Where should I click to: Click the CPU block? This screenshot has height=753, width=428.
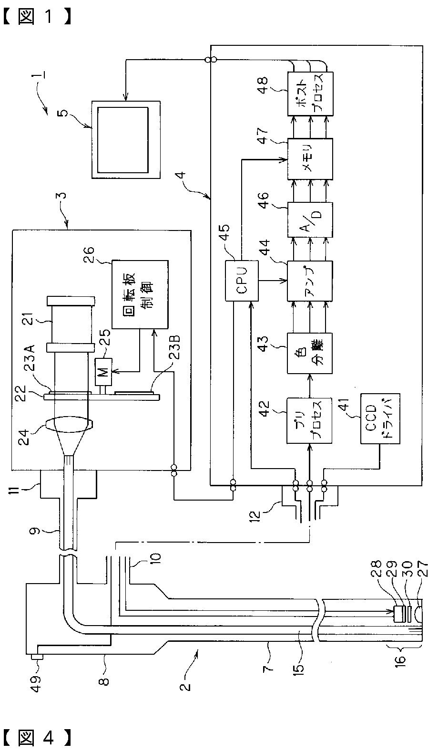click(242, 281)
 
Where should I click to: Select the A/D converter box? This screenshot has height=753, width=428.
click(310, 220)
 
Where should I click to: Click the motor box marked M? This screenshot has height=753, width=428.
click(105, 372)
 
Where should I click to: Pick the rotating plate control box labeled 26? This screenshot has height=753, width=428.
click(140, 294)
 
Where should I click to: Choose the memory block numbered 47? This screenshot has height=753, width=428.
click(310, 159)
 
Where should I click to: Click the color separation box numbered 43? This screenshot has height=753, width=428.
click(310, 353)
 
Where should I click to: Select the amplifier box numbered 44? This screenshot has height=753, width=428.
click(310, 281)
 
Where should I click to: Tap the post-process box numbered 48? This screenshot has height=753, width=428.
click(310, 94)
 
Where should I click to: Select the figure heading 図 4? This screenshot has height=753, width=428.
click(38, 738)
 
